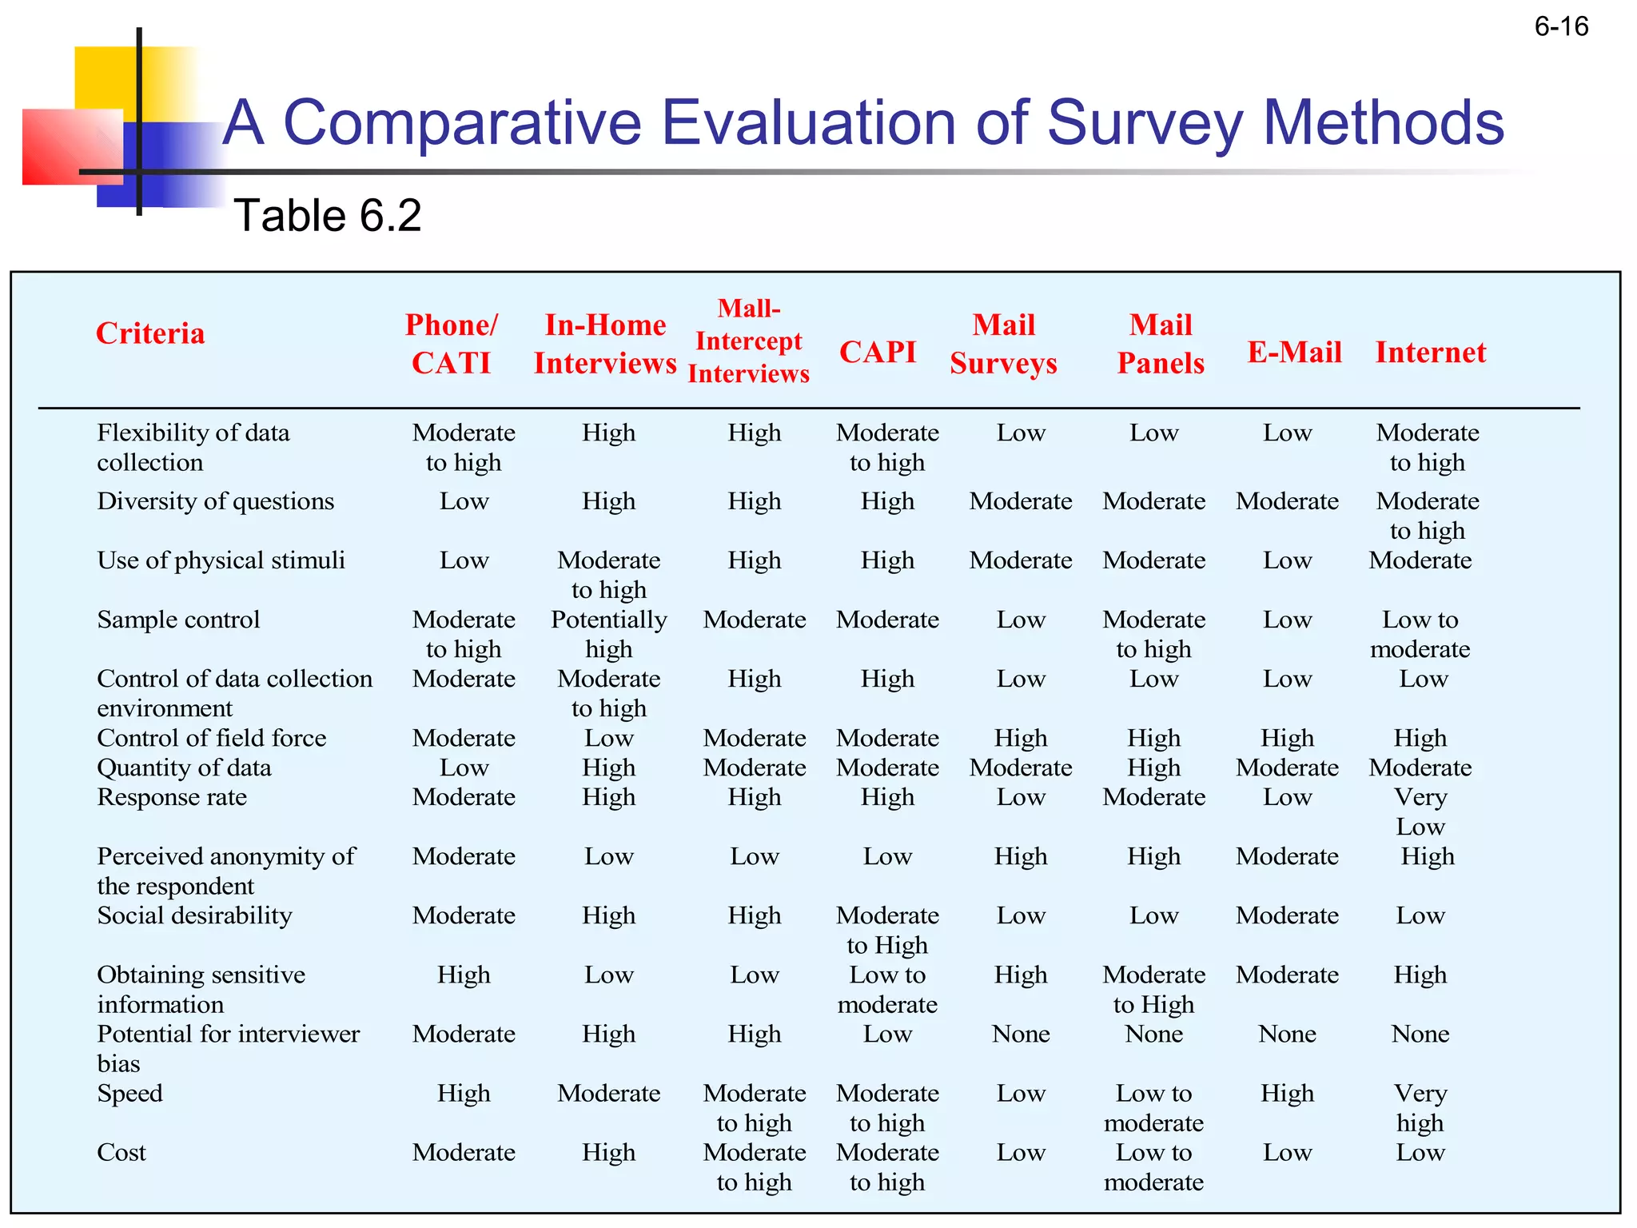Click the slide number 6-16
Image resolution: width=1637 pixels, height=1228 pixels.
coord(1560,27)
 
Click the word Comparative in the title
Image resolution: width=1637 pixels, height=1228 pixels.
coord(462,123)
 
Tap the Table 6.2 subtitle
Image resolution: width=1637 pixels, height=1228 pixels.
coord(328,216)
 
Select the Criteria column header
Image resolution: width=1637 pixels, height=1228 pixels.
coord(150,333)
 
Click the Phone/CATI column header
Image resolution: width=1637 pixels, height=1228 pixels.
coord(452,344)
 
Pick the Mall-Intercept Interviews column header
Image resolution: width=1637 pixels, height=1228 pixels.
coord(749,341)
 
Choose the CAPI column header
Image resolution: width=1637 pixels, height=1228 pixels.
coord(878,353)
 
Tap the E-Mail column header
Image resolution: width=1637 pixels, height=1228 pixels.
coord(1294,353)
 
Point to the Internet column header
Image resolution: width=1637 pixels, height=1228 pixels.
coord(1430,353)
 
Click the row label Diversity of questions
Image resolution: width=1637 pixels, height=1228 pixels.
coord(215,501)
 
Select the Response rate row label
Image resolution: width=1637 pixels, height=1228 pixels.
coord(172,797)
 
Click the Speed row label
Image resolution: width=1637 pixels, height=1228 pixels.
coord(129,1093)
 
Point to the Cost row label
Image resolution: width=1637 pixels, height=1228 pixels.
coord(121,1152)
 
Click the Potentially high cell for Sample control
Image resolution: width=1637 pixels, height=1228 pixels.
coord(609,634)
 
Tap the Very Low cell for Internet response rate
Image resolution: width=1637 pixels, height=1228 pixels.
coord(1420,811)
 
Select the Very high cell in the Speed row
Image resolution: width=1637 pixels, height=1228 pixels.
coord(1420,1108)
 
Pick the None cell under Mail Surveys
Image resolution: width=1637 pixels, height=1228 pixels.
coord(1021,1034)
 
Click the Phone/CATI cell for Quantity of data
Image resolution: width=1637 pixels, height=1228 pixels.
coord(464,767)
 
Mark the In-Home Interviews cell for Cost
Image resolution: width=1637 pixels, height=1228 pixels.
coord(609,1152)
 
